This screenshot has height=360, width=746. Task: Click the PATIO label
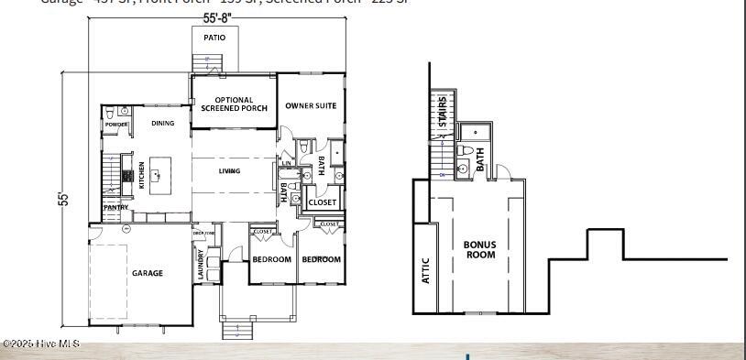click(x=214, y=38)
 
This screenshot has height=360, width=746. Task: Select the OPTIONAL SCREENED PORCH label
click(x=234, y=104)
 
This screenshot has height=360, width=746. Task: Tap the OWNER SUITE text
click(x=311, y=105)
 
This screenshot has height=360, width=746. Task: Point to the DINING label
click(x=163, y=123)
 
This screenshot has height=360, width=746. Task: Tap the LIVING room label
click(x=229, y=171)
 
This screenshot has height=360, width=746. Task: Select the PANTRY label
click(x=115, y=208)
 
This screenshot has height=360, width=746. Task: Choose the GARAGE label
click(x=147, y=273)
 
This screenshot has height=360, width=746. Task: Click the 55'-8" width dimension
click(x=216, y=17)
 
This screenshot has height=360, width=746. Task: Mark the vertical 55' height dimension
click(x=64, y=199)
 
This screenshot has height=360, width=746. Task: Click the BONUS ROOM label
click(x=480, y=249)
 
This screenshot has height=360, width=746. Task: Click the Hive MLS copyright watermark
click(x=40, y=344)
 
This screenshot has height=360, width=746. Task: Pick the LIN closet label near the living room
click(x=287, y=163)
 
